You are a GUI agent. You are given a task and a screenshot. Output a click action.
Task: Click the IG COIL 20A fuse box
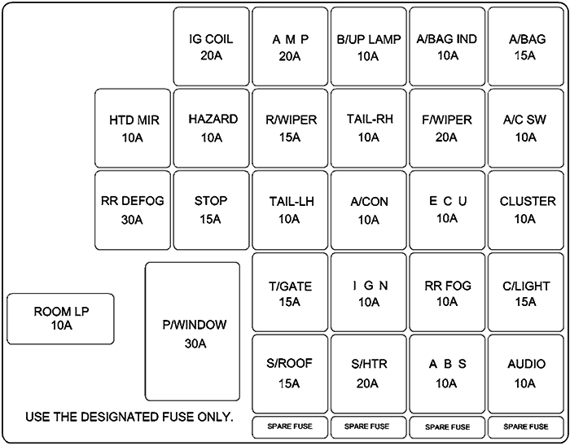pos(211,46)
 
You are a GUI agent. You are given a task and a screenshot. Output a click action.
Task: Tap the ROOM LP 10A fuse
pos(60,318)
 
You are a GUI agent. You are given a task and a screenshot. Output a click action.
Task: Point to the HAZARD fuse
pos(211,128)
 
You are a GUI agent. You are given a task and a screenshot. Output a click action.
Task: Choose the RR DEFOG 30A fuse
pos(132,210)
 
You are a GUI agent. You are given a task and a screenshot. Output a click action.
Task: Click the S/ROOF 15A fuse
pos(290,372)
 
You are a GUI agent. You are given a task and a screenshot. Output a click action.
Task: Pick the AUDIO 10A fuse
pos(526,372)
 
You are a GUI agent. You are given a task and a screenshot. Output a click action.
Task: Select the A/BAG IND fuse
pos(446,46)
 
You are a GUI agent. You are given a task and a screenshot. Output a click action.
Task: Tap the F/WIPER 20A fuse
pos(446,128)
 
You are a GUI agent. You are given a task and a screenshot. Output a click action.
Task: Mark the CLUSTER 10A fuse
pos(526,210)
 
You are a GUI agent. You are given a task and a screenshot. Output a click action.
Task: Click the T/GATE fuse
pos(290,293)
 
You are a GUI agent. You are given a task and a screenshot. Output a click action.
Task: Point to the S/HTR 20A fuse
pos(367,372)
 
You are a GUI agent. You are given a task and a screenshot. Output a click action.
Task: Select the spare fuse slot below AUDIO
pos(526,426)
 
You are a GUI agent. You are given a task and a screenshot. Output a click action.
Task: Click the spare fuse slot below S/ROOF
pos(290,426)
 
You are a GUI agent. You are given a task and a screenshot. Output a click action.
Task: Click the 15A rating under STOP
pos(211,219)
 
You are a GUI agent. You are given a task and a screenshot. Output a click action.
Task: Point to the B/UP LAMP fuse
pos(367,46)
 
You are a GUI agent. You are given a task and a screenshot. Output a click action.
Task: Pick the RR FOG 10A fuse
pos(446,293)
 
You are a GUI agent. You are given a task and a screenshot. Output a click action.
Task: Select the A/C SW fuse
pos(526,128)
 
